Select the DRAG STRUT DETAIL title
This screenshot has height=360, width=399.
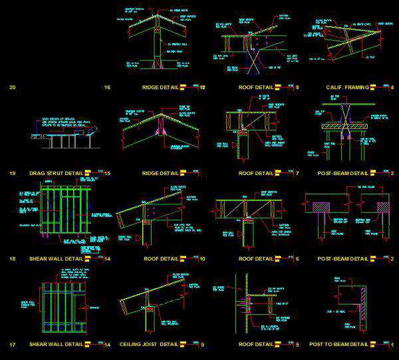tap(56, 173)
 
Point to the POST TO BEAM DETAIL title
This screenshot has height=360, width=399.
tap(338, 345)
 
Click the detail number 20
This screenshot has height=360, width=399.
tap(12, 87)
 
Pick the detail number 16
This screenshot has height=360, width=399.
tap(107, 87)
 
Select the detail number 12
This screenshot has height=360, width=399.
tap(203, 87)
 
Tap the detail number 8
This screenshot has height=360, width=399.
tap(297, 87)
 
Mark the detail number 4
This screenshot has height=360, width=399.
tap(392, 87)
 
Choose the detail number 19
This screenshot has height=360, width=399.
tap(12, 173)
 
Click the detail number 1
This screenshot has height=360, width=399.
tap(392, 345)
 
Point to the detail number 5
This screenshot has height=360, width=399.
tap(297, 345)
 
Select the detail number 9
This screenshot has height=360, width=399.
tap(202, 345)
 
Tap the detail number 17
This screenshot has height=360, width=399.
tap(12, 345)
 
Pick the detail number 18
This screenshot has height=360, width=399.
tap(12, 259)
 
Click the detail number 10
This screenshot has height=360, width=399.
tap(202, 259)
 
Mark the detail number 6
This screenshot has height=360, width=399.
tap(297, 259)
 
